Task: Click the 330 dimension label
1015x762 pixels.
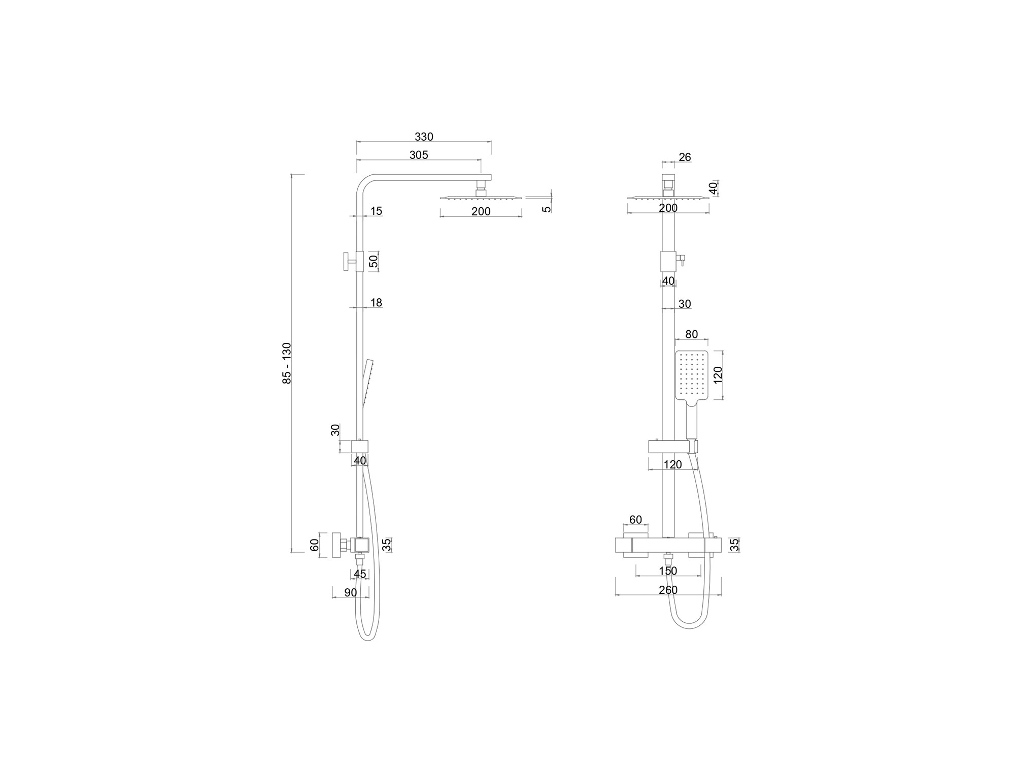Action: (424, 137)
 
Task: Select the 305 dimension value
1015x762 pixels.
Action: (419, 155)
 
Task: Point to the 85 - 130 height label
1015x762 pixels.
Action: (287, 363)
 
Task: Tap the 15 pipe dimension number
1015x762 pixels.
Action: (376, 211)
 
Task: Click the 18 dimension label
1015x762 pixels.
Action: (376, 303)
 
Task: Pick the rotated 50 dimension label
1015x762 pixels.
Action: (374, 262)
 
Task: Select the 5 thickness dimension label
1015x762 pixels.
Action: (546, 209)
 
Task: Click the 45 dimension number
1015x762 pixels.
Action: (360, 574)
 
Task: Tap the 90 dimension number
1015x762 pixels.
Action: (351, 593)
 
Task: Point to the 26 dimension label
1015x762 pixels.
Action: (685, 157)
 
